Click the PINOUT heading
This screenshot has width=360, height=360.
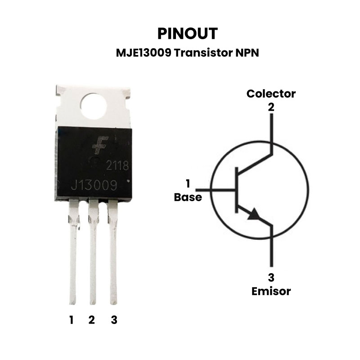tap(188, 33)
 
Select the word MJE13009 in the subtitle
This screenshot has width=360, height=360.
tap(144, 53)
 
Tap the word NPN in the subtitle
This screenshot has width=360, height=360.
tap(247, 53)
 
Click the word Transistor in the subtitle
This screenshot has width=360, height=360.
tap(203, 53)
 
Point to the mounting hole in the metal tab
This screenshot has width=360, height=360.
tap(94, 106)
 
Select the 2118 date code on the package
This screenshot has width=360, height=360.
tap(117, 166)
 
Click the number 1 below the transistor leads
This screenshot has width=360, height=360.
tap(72, 320)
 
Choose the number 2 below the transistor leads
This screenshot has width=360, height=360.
tap(92, 320)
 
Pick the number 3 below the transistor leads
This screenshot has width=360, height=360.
tap(114, 320)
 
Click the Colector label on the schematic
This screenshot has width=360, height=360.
tap(271, 94)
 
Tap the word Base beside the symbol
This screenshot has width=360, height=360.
tap(188, 197)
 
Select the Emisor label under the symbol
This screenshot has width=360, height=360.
tap(271, 291)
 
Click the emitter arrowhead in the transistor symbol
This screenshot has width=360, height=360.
tap(254, 214)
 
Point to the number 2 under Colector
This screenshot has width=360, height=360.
tap(271, 107)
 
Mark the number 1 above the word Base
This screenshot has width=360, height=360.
tap(188, 184)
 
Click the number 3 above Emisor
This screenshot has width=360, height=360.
tap(271, 278)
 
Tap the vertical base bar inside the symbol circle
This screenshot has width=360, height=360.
tap(236, 190)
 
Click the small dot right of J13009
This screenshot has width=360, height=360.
tap(128, 181)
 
